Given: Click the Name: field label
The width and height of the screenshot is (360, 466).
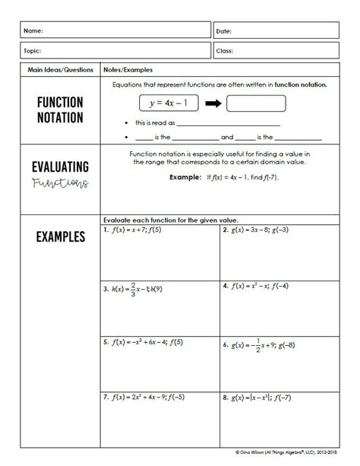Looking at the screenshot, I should [33, 31].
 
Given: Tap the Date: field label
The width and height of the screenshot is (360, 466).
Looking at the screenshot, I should [223, 31].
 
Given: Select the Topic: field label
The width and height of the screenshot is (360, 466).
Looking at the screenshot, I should [33, 51].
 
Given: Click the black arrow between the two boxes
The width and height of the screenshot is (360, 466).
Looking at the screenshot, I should [211, 103].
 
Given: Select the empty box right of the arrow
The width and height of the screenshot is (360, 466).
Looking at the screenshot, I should [256, 103].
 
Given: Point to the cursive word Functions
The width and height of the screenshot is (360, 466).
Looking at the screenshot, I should [60, 183].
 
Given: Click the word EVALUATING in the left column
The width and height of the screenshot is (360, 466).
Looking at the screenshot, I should [60, 166].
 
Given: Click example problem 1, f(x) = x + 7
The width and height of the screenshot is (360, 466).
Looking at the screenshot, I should [137, 229].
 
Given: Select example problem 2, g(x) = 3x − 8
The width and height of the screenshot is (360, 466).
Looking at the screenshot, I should [261, 229].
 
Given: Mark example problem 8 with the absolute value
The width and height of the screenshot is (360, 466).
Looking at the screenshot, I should [261, 396].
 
